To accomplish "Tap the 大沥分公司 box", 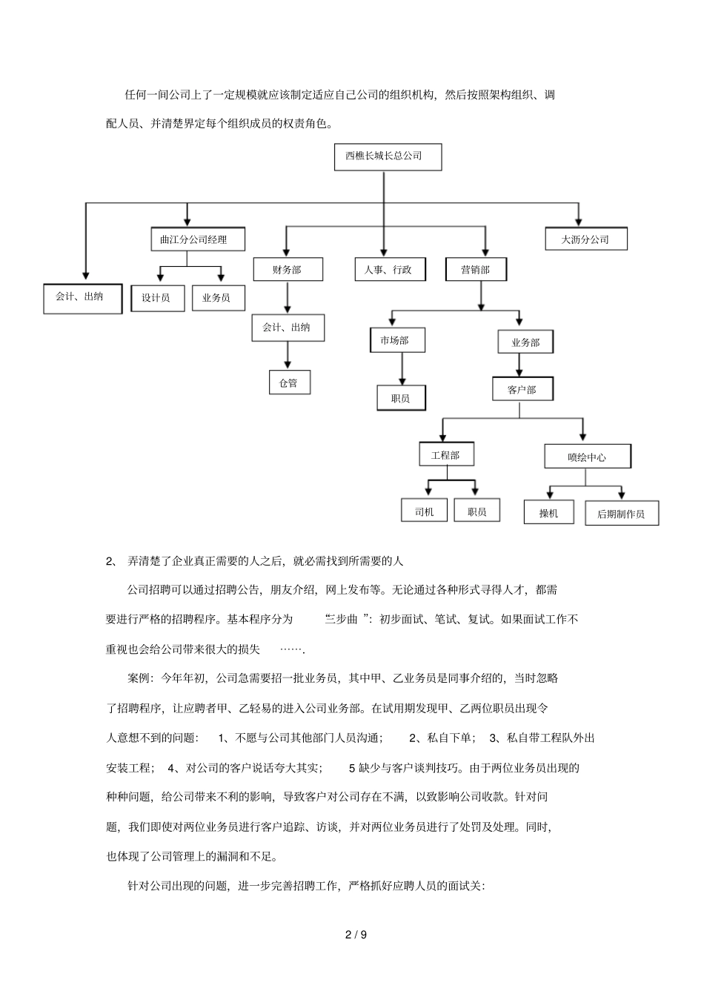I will click(585, 239).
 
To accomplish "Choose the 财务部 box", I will click(288, 269).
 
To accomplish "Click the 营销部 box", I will click(476, 269).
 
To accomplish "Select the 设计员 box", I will click(156, 297).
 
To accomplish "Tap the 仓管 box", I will click(289, 382).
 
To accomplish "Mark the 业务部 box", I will click(525, 342).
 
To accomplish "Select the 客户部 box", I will click(522, 389).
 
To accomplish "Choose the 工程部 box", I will click(445, 454).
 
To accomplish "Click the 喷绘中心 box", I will click(587, 457).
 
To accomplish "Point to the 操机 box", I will click(549, 512).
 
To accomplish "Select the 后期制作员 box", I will click(621, 513).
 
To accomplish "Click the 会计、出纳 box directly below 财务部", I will click(288, 327).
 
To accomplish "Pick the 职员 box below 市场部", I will click(402, 397).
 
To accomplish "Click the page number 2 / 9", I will click(356, 934).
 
